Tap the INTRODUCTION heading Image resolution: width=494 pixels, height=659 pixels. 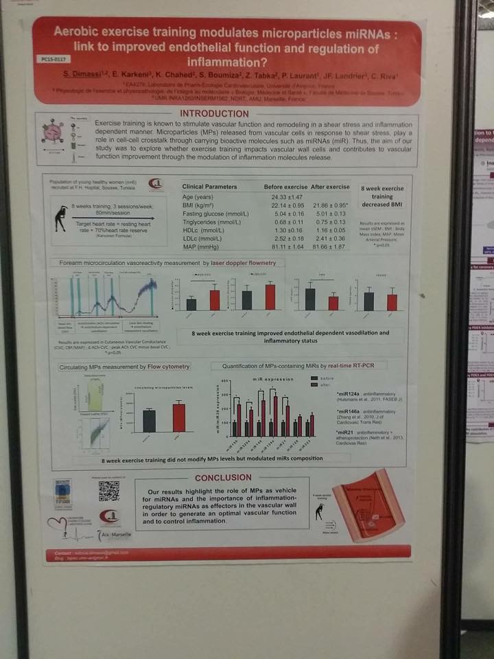tap(213, 113)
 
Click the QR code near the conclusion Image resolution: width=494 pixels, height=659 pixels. tap(108, 490)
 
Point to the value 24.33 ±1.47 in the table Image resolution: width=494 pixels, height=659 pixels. tap(287, 197)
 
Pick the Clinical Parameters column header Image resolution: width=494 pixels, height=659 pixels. tap(209, 187)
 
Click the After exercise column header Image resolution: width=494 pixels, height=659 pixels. tap(329, 187)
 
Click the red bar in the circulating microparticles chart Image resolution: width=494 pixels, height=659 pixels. tap(178, 417)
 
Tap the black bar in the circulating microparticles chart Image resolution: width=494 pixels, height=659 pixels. tap(149, 420)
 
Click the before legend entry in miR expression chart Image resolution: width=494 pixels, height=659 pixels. tap(325, 378)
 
